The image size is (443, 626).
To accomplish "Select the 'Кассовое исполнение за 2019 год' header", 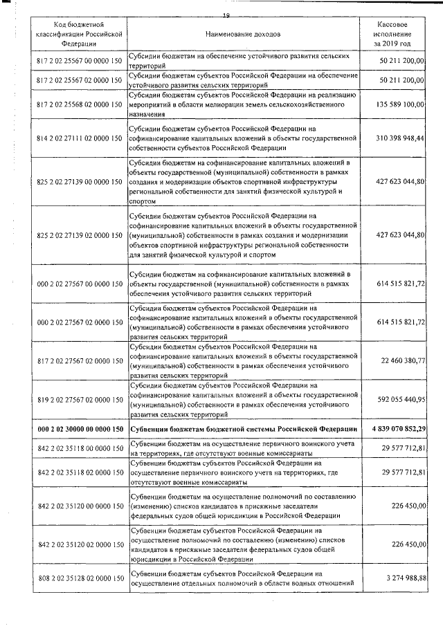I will coord(392,33).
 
